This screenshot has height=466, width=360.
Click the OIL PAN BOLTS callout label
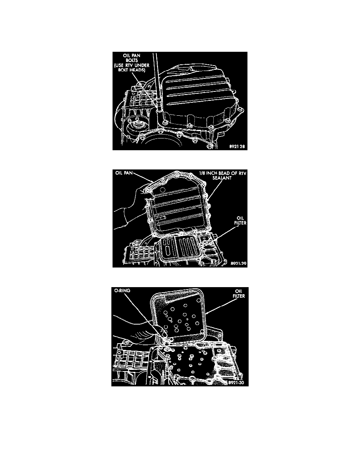132,63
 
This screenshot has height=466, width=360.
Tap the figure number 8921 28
237,147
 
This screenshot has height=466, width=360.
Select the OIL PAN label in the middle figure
124,173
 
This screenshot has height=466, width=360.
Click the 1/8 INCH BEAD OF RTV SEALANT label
222,175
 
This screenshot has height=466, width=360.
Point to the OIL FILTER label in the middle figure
240,220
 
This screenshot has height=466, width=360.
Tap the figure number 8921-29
238,263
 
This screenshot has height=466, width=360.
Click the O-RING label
122,290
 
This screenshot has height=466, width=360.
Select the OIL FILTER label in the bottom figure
239,294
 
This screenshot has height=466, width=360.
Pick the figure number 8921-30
236,383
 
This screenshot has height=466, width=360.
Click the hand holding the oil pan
131,208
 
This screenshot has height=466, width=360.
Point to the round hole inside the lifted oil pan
162,189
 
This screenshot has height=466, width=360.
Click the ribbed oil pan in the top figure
199,95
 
